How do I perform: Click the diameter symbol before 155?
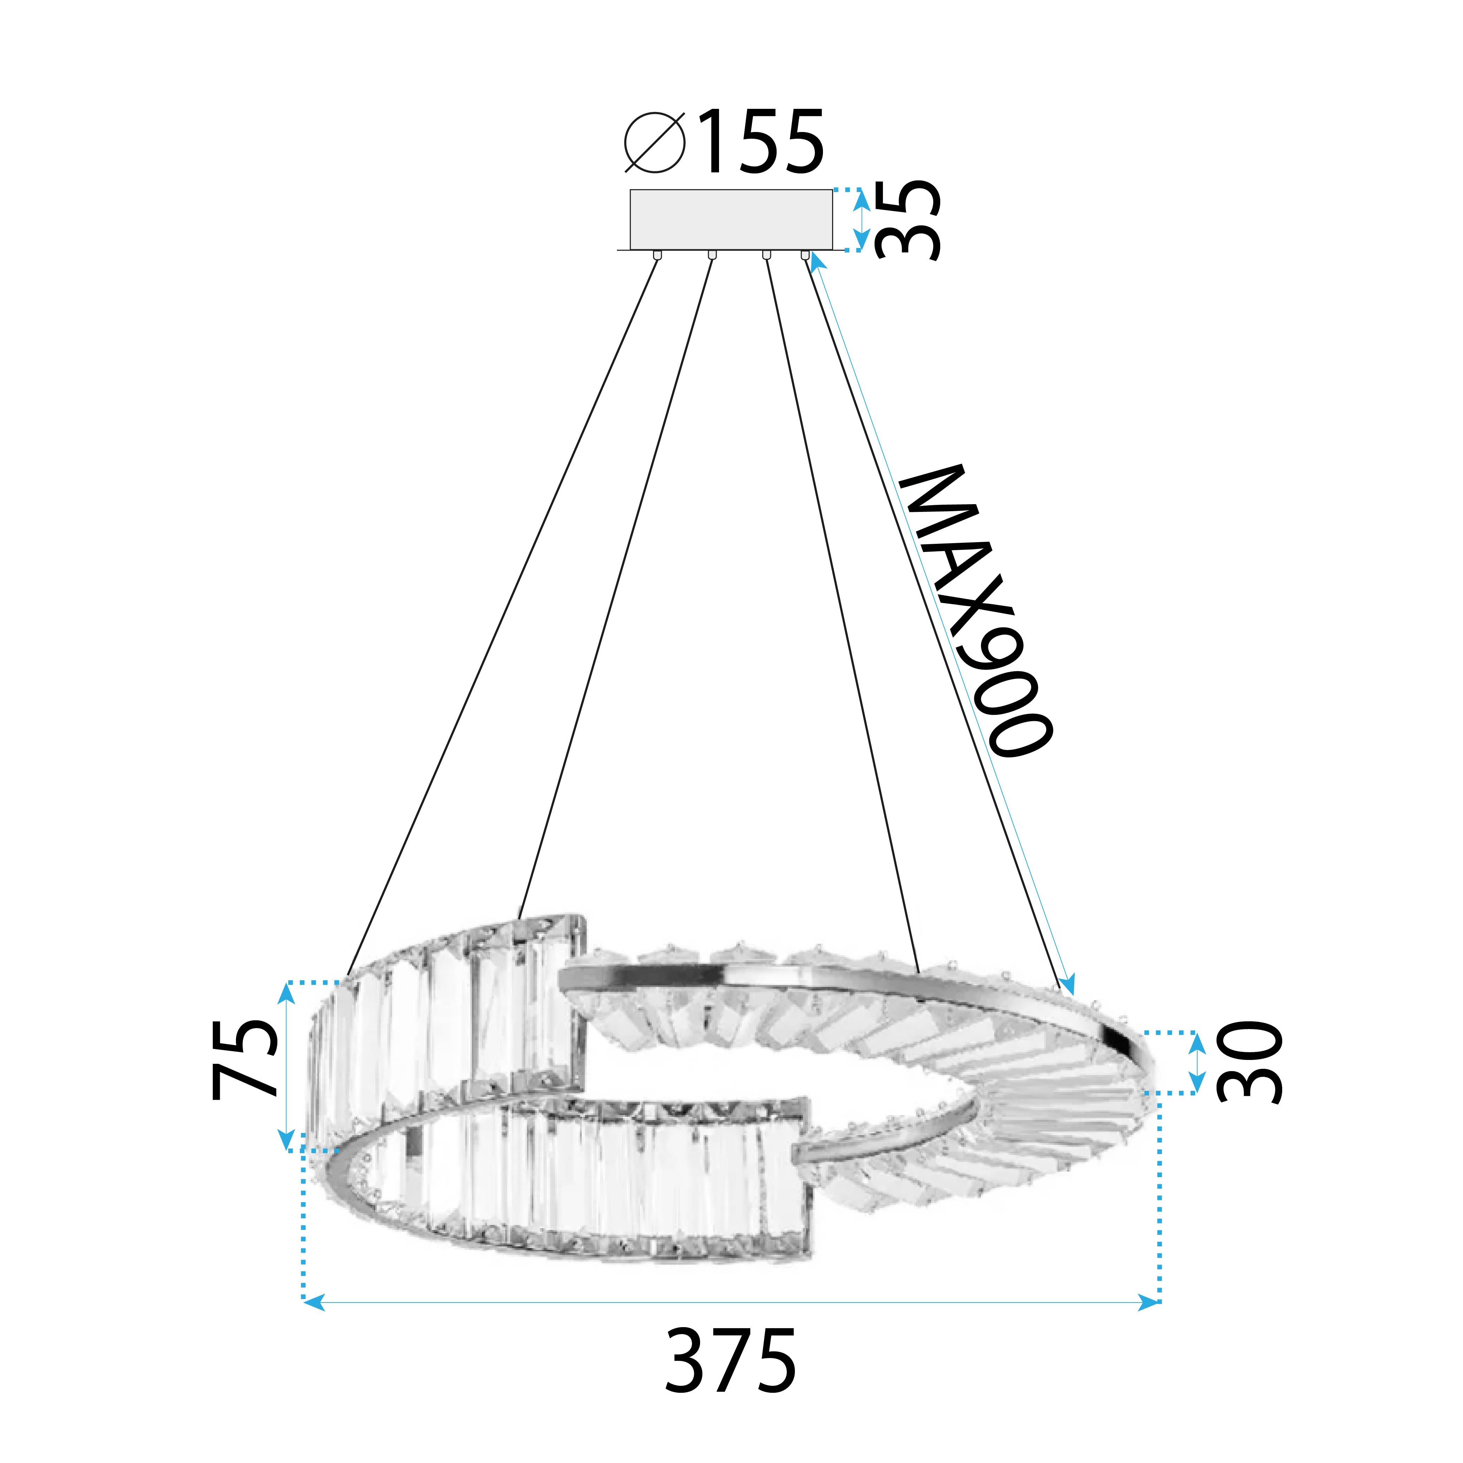[x=655, y=142]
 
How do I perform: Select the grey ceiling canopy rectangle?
[x=731, y=219]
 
